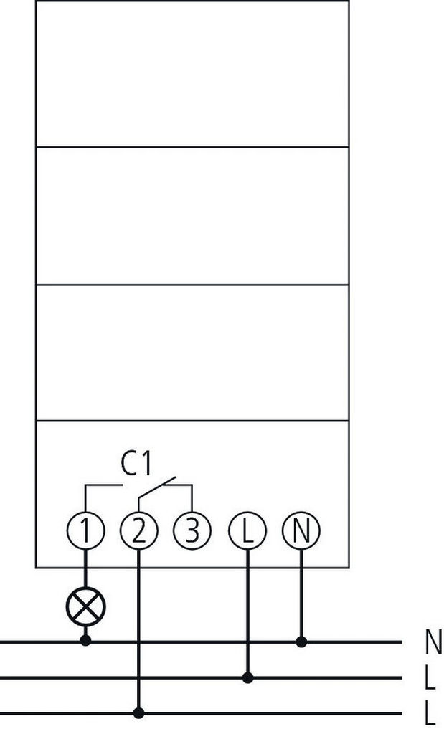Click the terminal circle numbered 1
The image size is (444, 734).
[85, 531]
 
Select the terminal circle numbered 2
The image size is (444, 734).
[138, 531]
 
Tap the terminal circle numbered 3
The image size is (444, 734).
[192, 531]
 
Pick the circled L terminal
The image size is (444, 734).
[247, 531]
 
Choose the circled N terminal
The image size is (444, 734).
[301, 531]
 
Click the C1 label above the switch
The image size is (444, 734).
[137, 464]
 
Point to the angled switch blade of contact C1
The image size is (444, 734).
[157, 487]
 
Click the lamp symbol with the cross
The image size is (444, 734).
[85, 606]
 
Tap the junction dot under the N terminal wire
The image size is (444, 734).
[301, 642]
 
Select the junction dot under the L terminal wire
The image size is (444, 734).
[247, 677]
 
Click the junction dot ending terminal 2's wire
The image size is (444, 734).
[138, 713]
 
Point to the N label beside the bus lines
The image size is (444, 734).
[433, 642]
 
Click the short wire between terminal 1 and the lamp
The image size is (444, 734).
[85, 568]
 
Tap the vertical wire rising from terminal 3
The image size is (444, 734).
[192, 499]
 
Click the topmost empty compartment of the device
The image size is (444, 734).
[192, 74]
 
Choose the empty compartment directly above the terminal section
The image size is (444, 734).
[192, 353]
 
